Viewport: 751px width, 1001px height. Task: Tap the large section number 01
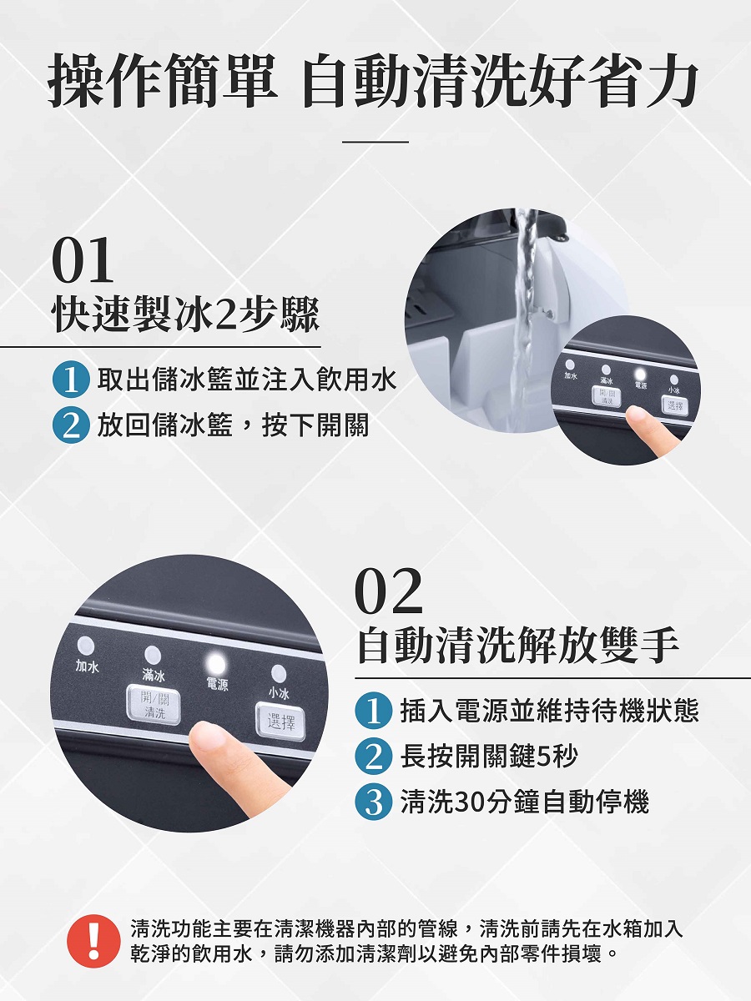[x=82, y=260]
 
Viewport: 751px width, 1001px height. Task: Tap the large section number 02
[x=389, y=591]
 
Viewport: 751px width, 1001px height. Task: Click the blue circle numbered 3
[x=374, y=802]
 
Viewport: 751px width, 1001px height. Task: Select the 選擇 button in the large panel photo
[x=280, y=722]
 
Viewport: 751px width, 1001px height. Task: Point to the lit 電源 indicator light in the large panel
[x=215, y=664]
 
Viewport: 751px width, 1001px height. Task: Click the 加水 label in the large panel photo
[x=87, y=666]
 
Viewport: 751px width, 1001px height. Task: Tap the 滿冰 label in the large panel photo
[x=154, y=676]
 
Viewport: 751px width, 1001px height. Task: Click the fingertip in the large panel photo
[x=208, y=735]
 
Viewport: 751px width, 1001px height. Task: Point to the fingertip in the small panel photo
[x=637, y=415]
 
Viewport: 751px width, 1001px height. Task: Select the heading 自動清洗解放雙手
[x=518, y=646]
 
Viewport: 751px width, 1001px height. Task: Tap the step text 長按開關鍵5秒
[x=489, y=756]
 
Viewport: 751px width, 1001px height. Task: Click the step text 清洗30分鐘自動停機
[x=524, y=802]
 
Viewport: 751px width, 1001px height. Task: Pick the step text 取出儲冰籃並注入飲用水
[x=247, y=380]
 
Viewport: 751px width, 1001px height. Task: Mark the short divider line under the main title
[x=375, y=142]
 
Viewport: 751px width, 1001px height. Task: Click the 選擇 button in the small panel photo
[x=675, y=405]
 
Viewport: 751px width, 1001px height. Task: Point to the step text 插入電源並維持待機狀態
[x=549, y=711]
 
